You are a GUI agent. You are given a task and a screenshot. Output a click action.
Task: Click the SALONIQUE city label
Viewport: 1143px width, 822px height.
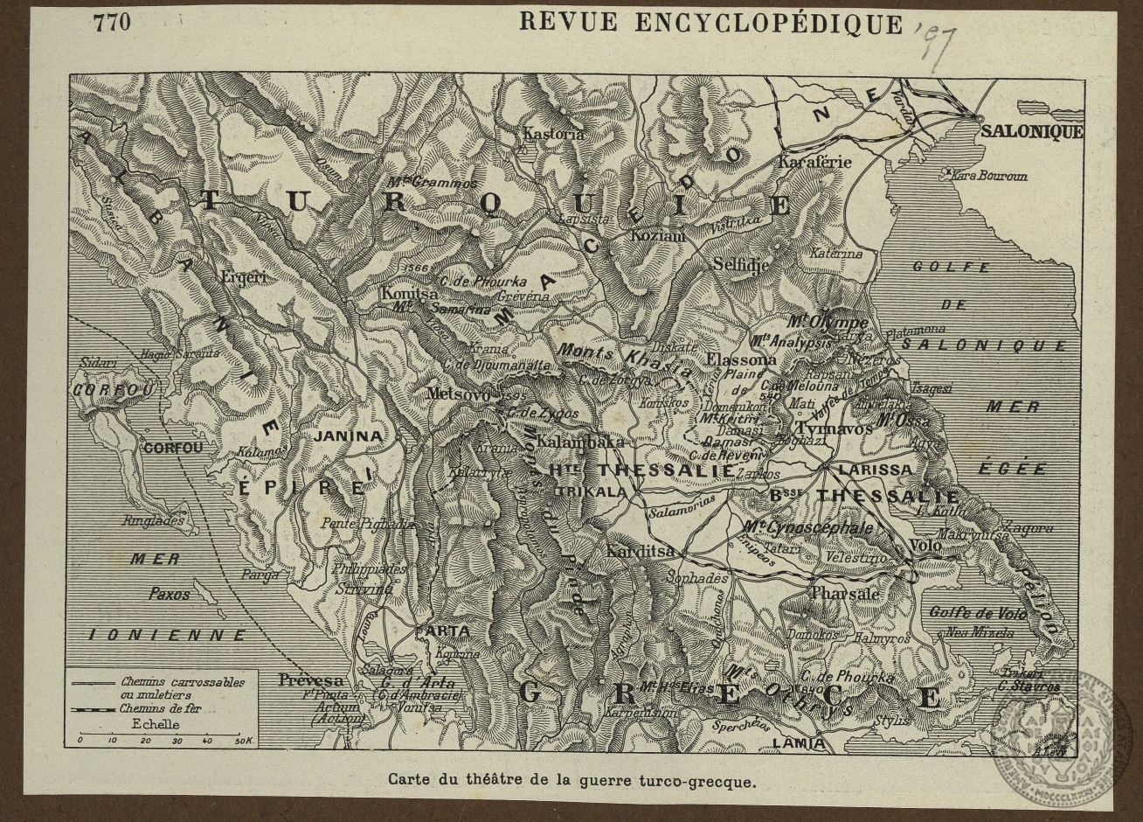pos(1031,132)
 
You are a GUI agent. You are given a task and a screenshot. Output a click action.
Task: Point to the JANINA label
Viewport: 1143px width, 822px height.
pos(348,435)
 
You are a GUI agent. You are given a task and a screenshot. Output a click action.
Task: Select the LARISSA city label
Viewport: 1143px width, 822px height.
pos(874,470)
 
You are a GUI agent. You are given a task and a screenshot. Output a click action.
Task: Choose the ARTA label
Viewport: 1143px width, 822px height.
pos(447,631)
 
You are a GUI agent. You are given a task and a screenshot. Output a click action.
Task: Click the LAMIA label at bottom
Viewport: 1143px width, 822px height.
pos(799,743)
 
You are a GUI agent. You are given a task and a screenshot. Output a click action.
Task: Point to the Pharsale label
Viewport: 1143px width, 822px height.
pos(845,594)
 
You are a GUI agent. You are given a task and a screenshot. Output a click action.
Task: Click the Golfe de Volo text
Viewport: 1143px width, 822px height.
pos(976,612)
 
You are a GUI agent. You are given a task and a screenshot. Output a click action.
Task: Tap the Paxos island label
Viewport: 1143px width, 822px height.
pos(169,594)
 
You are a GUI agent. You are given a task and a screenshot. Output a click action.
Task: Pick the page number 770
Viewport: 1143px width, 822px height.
pos(112,22)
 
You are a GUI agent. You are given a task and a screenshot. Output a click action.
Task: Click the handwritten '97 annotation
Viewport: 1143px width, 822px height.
pos(935,45)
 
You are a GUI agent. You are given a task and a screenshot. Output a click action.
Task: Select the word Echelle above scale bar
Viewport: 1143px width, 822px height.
pos(156,724)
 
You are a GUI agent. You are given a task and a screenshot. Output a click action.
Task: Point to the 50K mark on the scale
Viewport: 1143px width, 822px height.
pos(243,741)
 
